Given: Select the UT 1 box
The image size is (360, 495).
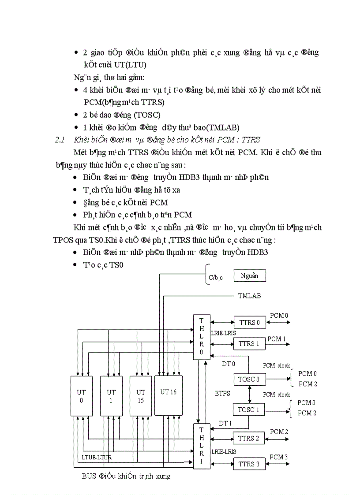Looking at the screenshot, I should click(111, 396).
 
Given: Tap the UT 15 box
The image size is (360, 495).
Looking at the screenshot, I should click(141, 396).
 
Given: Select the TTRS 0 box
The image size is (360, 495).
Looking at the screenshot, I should click(250, 322).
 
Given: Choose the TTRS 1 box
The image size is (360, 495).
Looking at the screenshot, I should click(250, 343).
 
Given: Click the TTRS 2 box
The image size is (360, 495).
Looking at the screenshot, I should click(250, 438).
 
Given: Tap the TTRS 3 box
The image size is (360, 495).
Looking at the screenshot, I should click(250, 464).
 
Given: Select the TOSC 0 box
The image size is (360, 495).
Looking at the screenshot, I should click(250, 379).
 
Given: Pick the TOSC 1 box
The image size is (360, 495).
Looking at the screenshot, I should click(250, 409).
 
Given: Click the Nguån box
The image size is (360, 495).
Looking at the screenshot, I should click(249, 276).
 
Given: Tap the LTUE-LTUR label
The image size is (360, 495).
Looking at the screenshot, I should click(97, 457).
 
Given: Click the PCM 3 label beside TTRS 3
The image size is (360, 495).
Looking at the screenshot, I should click(279, 457).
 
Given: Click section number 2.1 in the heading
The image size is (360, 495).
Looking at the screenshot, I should click(60, 140).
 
